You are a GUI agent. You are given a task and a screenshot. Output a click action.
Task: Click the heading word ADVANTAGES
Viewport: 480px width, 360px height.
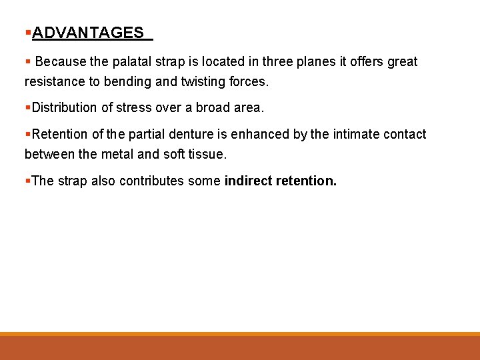(x=87, y=33)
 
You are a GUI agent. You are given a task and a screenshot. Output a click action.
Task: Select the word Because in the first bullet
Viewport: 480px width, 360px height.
(x=61, y=62)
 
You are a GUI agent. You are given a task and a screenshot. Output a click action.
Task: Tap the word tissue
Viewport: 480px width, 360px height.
(x=207, y=154)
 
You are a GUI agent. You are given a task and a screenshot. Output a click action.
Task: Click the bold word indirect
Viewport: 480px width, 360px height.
(x=249, y=181)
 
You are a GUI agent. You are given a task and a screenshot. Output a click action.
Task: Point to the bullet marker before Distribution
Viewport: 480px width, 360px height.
(x=27, y=107)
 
